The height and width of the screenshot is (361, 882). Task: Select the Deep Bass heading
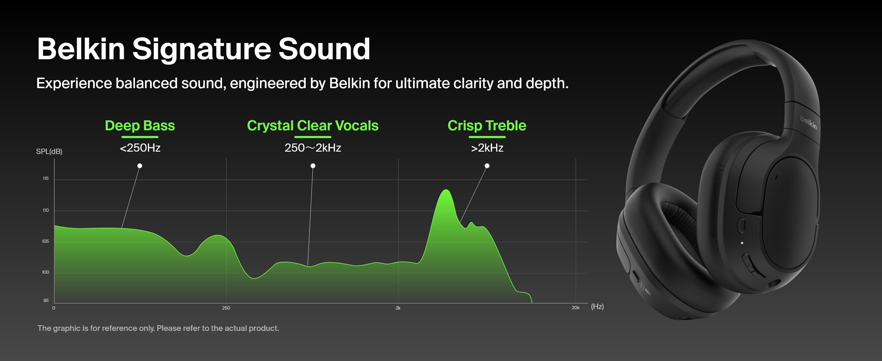point(140,125)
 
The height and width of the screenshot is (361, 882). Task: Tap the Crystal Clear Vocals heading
point(313,125)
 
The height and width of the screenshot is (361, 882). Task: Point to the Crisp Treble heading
point(487,125)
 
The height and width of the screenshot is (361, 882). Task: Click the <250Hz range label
point(140,148)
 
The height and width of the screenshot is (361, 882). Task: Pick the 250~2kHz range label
point(313,148)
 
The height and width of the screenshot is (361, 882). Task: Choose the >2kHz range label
point(487,148)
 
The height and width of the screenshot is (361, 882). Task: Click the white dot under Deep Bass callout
point(140,166)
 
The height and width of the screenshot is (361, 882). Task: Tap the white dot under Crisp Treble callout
point(487,166)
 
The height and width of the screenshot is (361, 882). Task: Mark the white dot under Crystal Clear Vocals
point(313,166)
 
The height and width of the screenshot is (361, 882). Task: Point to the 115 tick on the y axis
point(45,178)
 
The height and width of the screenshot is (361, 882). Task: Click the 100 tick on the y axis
point(45,272)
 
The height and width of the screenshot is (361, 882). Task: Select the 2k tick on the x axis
point(398,308)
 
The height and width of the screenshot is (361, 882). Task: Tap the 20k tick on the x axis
point(576,308)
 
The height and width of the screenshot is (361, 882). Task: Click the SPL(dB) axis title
point(49,151)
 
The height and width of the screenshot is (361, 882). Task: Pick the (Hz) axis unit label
point(597,306)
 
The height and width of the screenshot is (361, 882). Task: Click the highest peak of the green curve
point(446,190)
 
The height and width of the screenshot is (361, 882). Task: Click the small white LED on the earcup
point(742,243)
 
